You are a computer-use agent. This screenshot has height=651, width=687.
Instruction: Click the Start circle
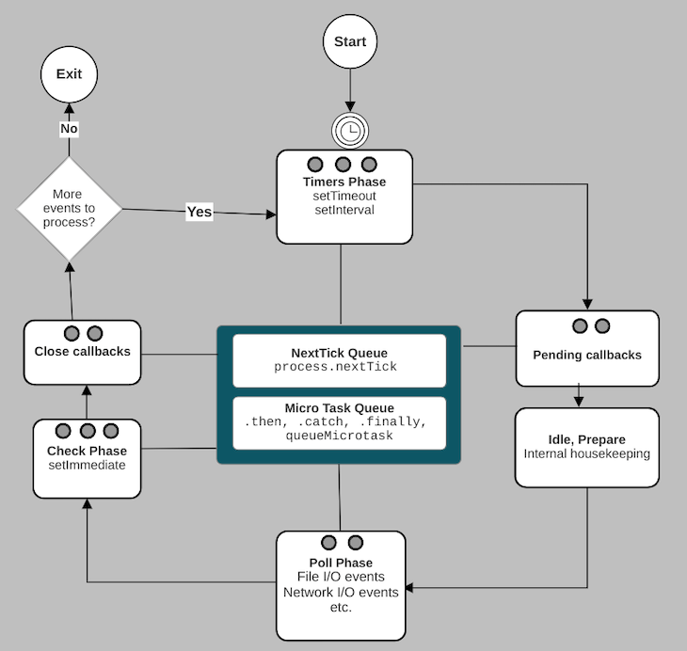[x=350, y=42]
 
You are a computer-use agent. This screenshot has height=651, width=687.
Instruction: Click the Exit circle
[x=69, y=73]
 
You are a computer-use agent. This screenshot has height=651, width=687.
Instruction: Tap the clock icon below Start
[x=349, y=131]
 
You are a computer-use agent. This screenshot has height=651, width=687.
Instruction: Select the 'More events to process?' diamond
[x=70, y=208]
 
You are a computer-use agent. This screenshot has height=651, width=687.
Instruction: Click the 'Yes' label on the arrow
[x=200, y=212]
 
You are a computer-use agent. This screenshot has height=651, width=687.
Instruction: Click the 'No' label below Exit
[x=69, y=128]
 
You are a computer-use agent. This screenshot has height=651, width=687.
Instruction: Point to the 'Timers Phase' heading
[x=343, y=182]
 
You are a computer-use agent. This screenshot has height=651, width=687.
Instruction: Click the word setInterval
[x=343, y=210]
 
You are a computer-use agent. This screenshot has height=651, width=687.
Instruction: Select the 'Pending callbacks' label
[x=587, y=355]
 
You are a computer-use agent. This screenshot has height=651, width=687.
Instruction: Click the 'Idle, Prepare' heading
[x=586, y=438]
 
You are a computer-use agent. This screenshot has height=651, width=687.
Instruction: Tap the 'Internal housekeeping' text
[x=586, y=453]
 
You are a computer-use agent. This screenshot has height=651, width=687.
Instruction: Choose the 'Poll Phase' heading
[x=341, y=563]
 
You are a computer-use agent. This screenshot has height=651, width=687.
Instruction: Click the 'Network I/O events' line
[x=341, y=593]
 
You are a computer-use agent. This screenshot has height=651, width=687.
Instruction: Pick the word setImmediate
[x=87, y=465]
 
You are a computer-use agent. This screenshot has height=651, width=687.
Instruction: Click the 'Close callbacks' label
[x=82, y=352]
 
